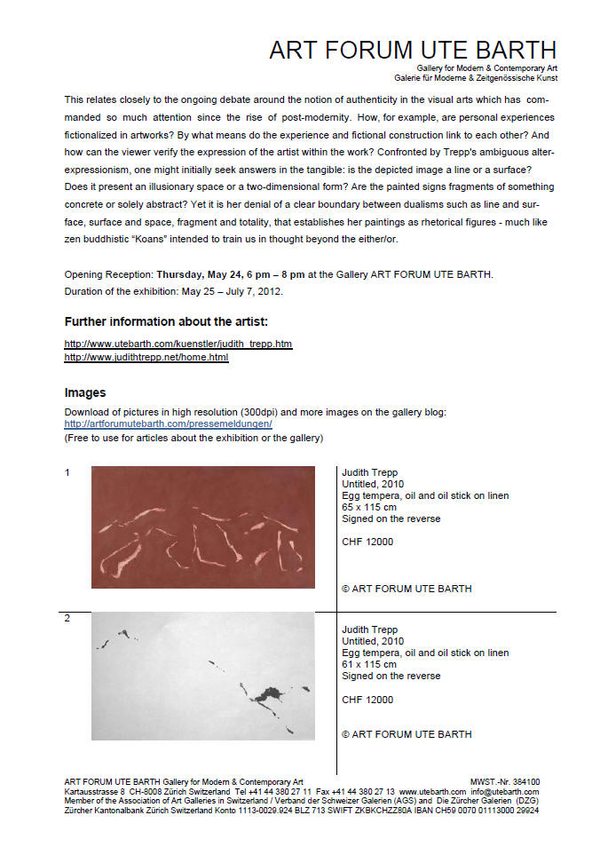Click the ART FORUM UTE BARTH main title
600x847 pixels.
[x=413, y=50]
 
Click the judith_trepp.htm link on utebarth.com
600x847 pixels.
[x=178, y=344]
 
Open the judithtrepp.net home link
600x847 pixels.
[x=146, y=357]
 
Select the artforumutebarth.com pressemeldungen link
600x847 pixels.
[x=168, y=423]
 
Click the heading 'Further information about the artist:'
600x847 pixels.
[x=167, y=321]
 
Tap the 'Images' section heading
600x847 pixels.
[x=85, y=392]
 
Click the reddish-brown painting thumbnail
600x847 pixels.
[x=202, y=526]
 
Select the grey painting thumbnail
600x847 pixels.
[x=202, y=676]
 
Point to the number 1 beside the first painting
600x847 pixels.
[x=67, y=472]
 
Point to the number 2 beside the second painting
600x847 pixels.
[x=67, y=618]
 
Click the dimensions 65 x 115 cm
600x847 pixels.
[x=369, y=507]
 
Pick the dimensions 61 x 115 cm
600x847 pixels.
[x=369, y=664]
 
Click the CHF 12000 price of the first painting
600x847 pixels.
[x=367, y=542]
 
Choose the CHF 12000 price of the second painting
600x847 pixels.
[x=367, y=700]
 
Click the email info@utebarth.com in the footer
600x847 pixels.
[x=505, y=792]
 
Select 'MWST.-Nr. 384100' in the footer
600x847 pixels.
[x=504, y=782]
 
